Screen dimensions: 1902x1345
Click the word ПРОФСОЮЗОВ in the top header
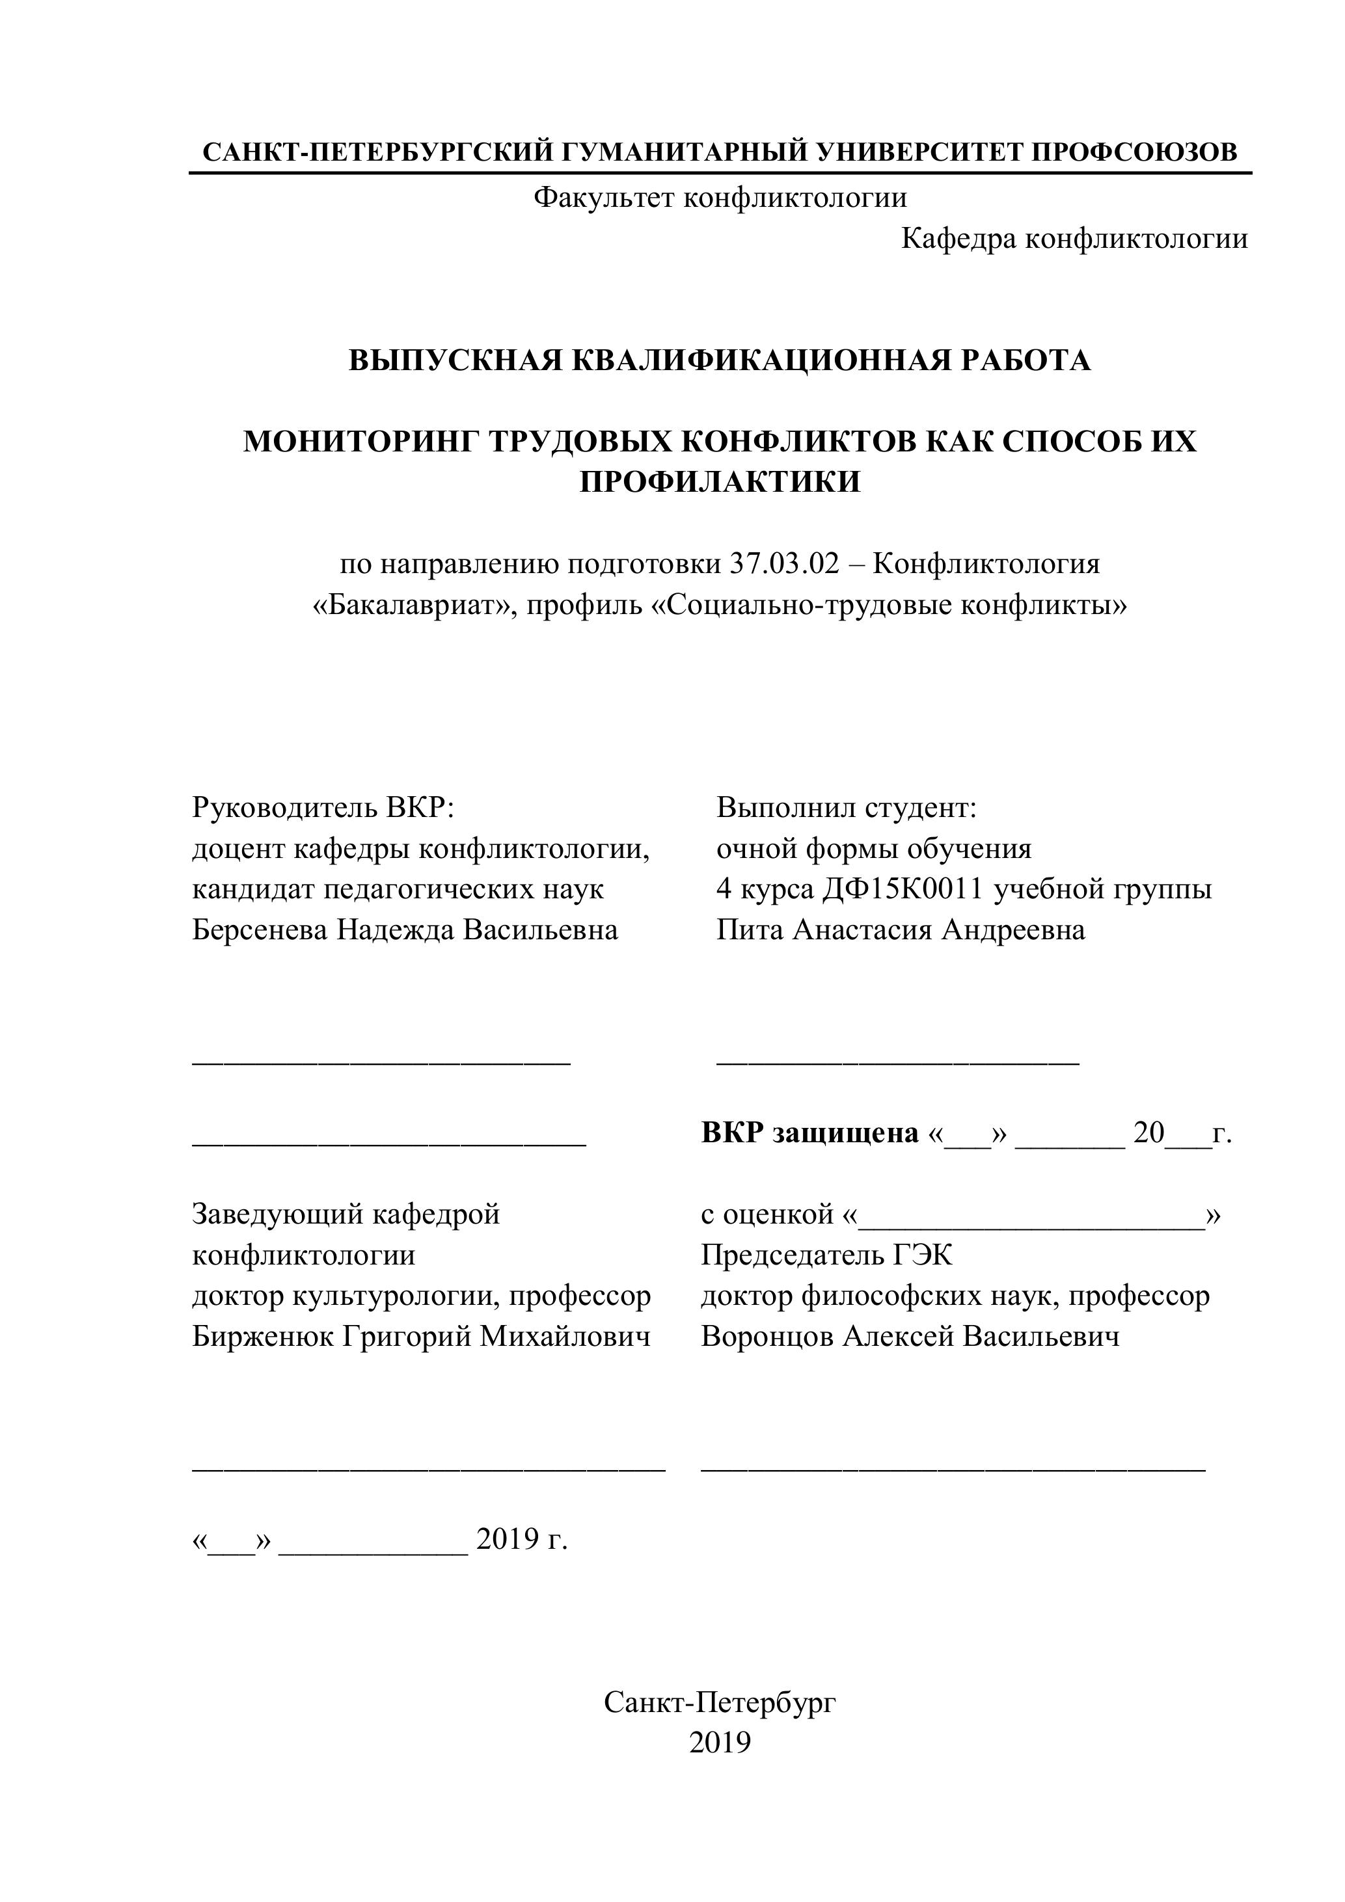point(1135,152)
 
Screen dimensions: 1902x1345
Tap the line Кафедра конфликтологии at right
point(1074,239)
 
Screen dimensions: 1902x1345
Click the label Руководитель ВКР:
point(324,808)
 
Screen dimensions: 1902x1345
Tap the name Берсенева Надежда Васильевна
point(405,930)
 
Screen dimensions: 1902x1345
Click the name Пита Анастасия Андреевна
point(901,930)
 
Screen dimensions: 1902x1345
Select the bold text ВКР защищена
point(809,1133)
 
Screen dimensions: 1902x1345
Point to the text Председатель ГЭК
point(826,1256)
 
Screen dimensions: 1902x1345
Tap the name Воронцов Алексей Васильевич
point(910,1337)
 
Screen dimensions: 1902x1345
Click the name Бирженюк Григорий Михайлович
point(421,1337)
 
